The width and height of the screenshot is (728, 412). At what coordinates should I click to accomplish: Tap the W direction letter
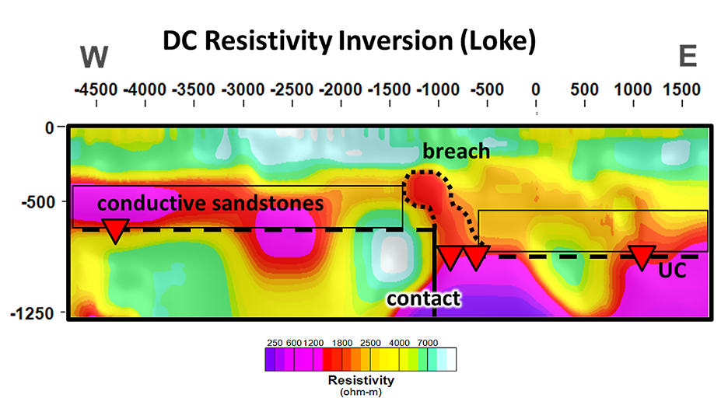[94, 57]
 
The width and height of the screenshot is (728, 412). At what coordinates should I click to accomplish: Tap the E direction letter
[688, 56]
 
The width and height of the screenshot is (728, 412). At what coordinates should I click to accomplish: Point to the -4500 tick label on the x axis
[96, 89]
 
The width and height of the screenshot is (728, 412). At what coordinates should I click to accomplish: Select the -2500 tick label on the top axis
[292, 89]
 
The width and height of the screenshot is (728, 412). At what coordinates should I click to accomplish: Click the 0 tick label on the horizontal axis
[536, 89]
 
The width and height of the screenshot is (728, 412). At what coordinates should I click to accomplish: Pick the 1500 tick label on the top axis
[681, 89]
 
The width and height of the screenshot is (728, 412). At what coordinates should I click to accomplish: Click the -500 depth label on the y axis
[38, 202]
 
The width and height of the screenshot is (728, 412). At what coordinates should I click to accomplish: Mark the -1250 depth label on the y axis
[33, 313]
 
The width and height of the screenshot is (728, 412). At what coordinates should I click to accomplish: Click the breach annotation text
[456, 152]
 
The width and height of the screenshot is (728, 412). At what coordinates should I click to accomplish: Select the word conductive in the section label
[152, 203]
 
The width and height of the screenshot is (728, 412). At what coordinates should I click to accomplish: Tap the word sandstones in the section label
[268, 203]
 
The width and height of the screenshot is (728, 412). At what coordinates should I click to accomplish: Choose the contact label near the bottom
[423, 299]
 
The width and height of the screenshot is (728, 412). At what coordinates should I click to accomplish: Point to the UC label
[672, 271]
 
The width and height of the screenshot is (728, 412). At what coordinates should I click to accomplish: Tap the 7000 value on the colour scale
[428, 343]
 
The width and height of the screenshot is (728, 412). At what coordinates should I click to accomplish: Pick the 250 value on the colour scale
[275, 343]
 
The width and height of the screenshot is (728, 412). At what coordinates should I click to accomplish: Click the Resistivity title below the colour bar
[361, 380]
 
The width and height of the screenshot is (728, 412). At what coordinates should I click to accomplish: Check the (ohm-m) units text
[361, 392]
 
